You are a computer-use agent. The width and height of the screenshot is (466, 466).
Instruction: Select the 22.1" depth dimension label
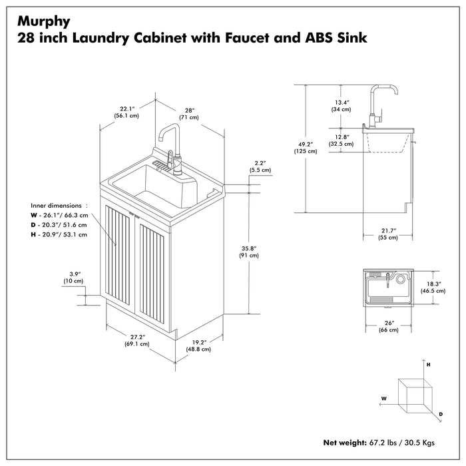pos(128,111)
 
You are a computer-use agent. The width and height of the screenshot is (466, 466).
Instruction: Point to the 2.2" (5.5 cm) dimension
pos(260,166)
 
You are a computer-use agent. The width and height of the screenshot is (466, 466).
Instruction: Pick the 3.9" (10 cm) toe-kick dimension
pos(75,278)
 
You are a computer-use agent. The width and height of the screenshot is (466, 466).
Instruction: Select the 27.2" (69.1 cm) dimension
pos(136,340)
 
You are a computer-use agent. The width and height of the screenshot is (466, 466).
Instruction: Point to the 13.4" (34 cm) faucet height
pos(342,105)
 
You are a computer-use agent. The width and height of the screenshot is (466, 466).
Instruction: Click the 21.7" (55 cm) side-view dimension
pos(388,233)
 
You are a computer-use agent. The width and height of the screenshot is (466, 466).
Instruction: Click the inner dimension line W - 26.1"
pos(59,215)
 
